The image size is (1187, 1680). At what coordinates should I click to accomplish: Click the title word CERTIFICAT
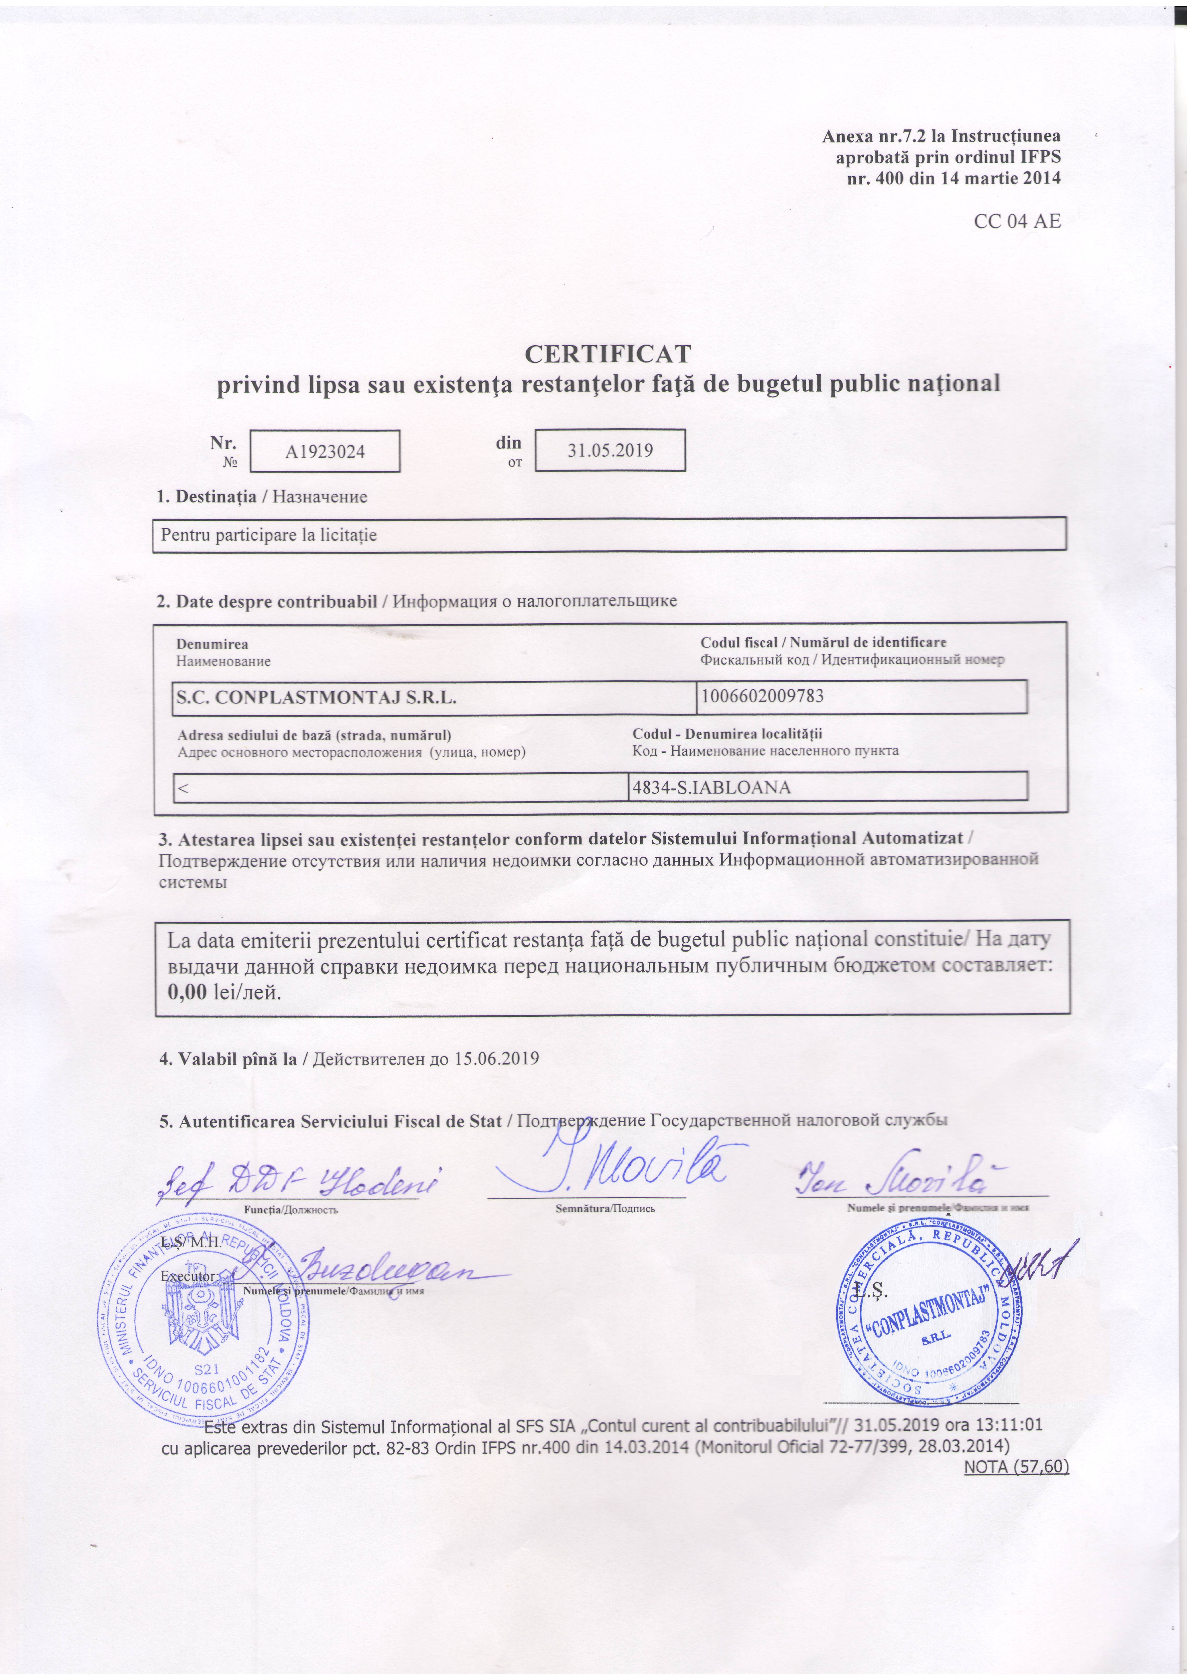coord(607,354)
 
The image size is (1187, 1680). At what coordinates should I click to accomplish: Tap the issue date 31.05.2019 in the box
coord(610,450)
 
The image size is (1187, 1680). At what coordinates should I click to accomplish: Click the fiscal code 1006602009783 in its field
coord(763,696)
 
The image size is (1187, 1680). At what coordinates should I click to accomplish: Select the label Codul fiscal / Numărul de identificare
coord(823,643)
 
